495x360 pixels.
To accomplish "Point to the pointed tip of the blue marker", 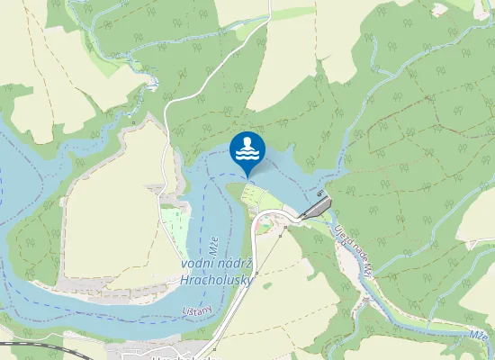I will point(247,176).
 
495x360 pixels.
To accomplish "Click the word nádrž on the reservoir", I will point(237,263).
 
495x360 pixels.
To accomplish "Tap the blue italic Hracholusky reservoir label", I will point(217,280).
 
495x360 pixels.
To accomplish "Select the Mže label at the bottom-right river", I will point(478,335).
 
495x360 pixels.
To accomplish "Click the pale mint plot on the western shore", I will point(173,221).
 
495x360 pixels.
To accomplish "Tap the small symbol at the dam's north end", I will point(322,193).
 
